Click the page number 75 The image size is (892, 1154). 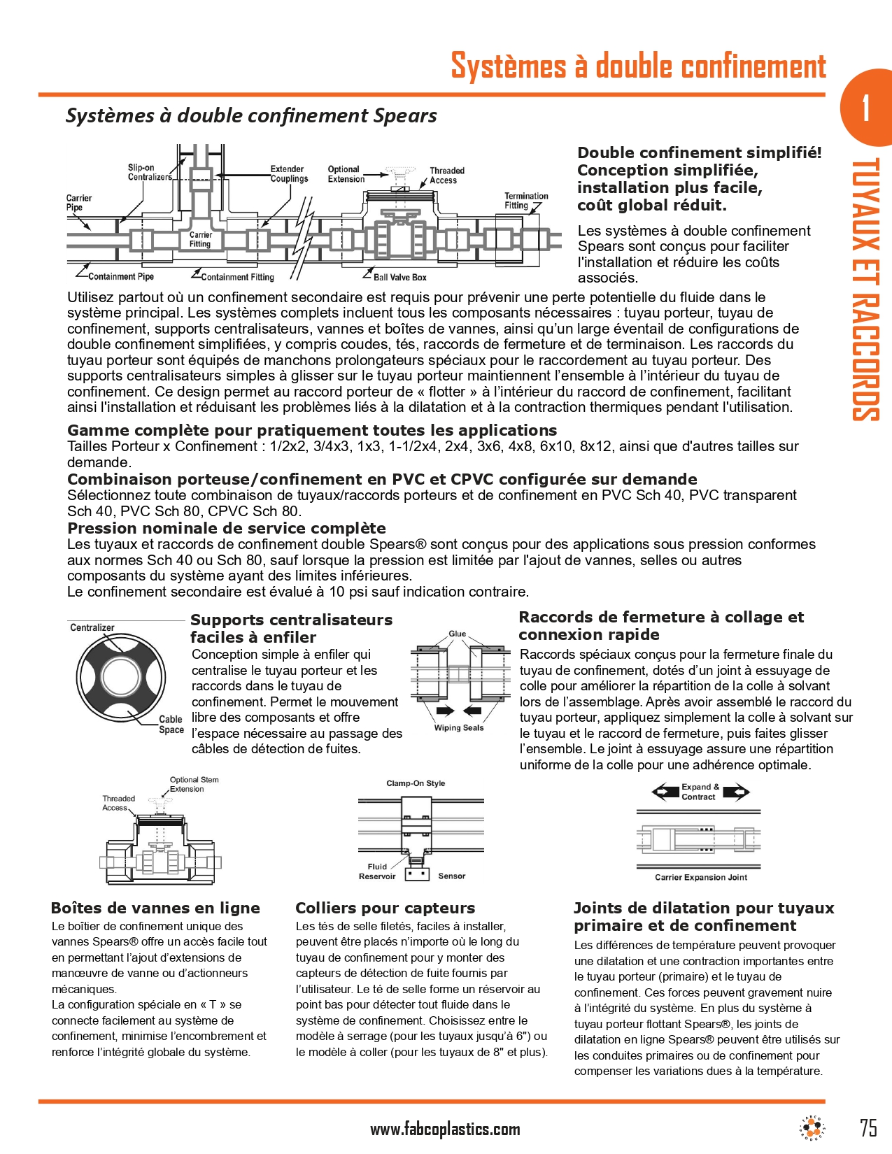click(x=868, y=1127)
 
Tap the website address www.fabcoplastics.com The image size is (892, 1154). click(x=445, y=1129)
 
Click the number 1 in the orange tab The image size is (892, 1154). click(x=866, y=108)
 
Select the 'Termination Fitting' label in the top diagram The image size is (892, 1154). click(x=525, y=201)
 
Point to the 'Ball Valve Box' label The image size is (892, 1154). click(x=399, y=278)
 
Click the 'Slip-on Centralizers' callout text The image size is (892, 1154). click(x=148, y=172)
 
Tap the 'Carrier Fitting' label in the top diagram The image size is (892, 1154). click(x=200, y=239)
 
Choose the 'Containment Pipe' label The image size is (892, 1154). click(x=120, y=277)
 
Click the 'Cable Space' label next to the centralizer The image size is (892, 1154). click(x=171, y=725)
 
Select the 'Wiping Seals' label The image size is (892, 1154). click(x=458, y=728)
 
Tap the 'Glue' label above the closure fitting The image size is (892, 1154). click(x=457, y=634)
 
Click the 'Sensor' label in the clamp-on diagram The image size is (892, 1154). click(x=451, y=876)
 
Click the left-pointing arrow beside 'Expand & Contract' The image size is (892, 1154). click(x=664, y=792)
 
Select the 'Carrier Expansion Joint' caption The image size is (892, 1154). click(x=700, y=877)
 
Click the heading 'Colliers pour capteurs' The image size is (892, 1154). click(x=385, y=908)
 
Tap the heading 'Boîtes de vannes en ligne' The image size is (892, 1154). click(x=155, y=908)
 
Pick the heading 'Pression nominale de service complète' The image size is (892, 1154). click(x=226, y=528)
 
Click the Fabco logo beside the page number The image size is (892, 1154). click(x=812, y=1127)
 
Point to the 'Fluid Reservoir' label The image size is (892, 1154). click(x=377, y=871)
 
